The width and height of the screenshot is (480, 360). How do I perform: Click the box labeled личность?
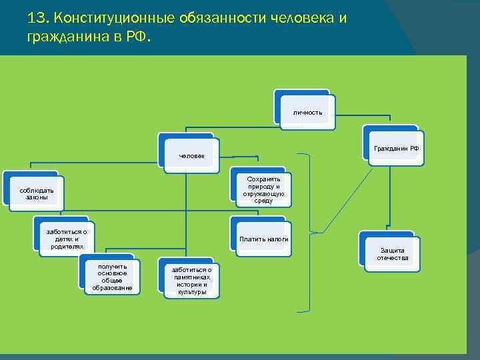[307, 112]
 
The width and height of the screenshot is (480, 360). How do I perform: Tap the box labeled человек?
[192, 156]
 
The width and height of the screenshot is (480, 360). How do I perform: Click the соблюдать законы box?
[37, 194]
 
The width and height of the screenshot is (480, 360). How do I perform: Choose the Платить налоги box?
[263, 239]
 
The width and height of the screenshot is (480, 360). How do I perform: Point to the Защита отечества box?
[392, 254]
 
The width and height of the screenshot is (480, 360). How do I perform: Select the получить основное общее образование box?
[112, 277]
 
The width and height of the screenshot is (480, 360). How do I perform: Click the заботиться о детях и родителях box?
[67, 239]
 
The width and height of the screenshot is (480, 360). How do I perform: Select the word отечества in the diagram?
[392, 258]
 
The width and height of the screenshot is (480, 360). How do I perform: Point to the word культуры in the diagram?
[192, 292]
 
